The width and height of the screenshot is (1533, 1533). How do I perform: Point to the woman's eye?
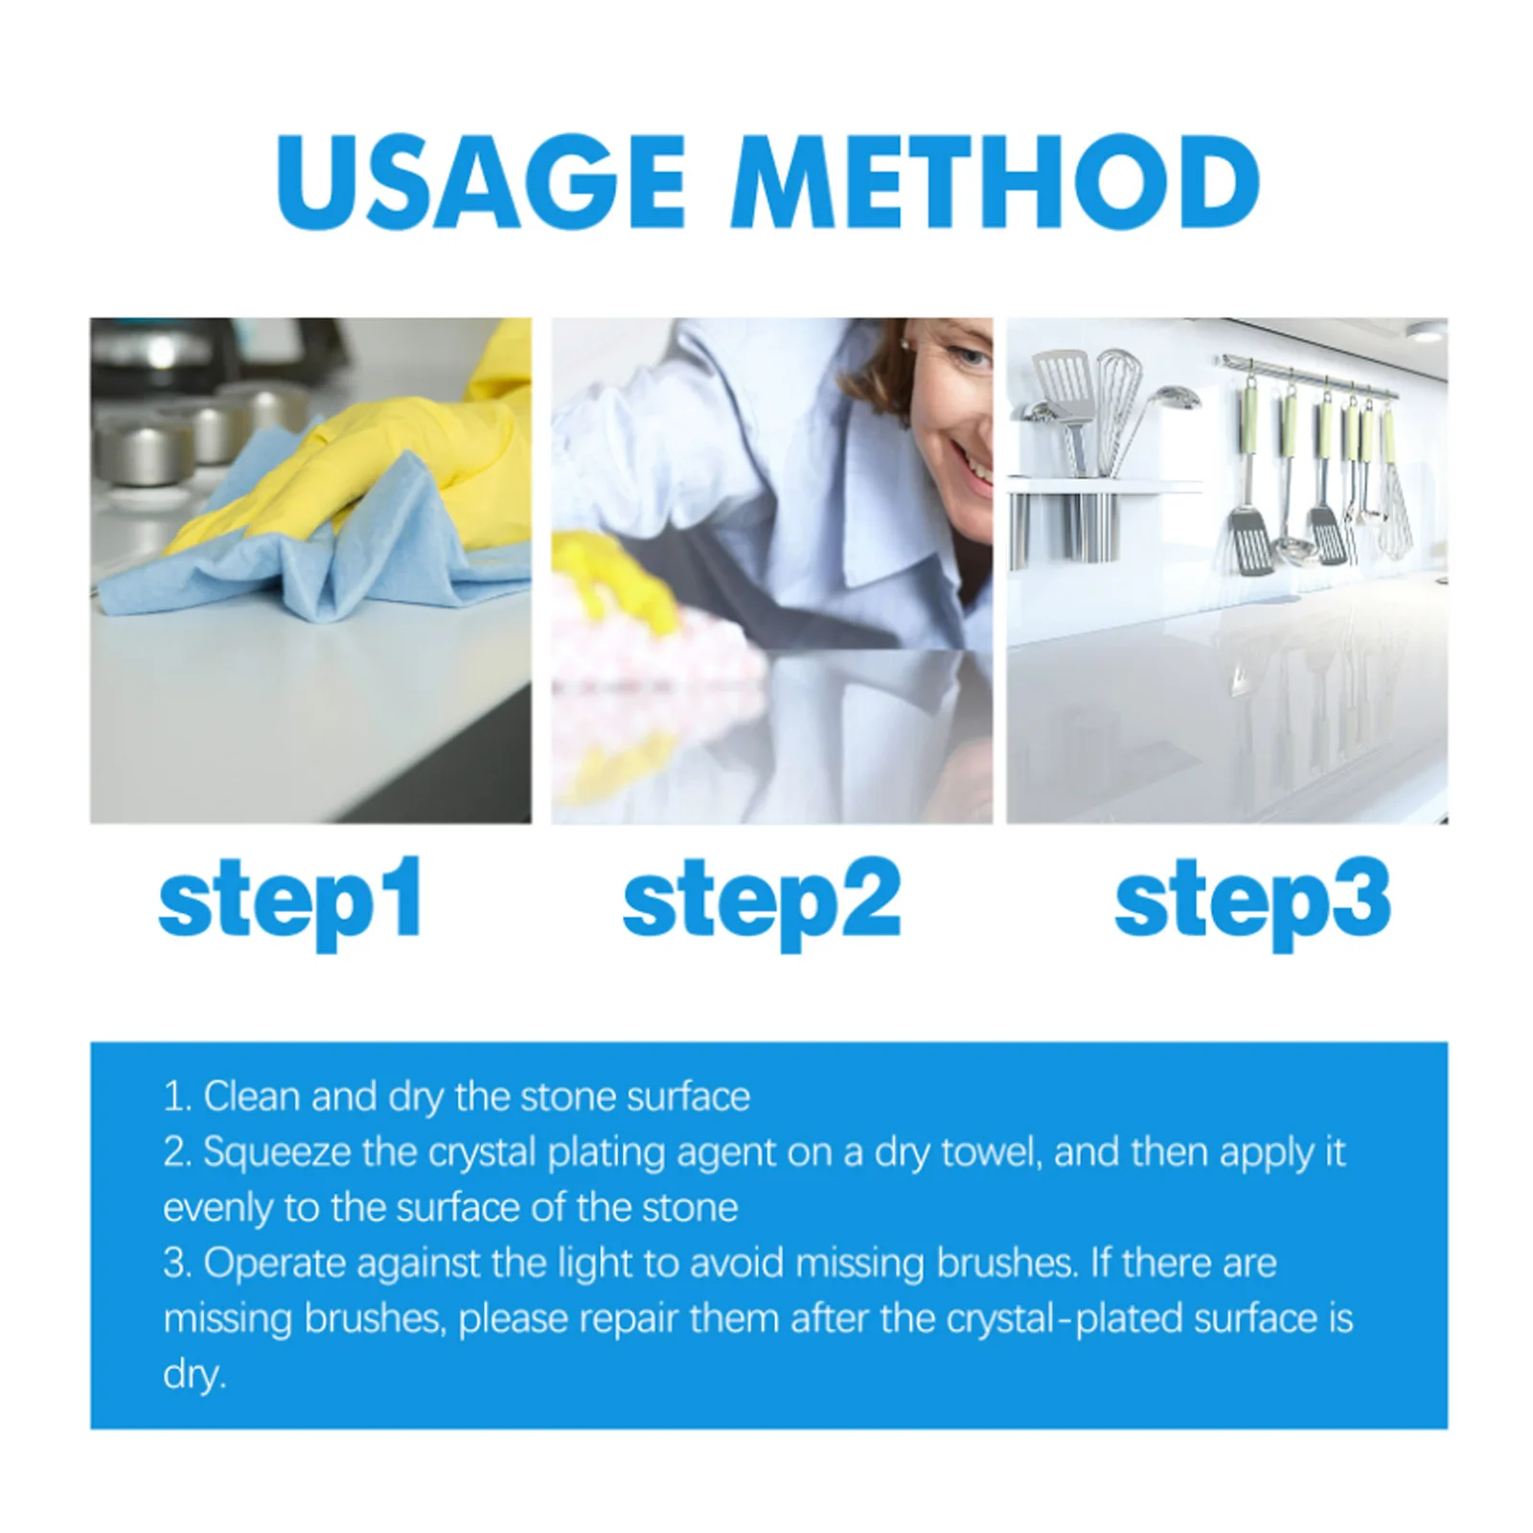tap(972, 358)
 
